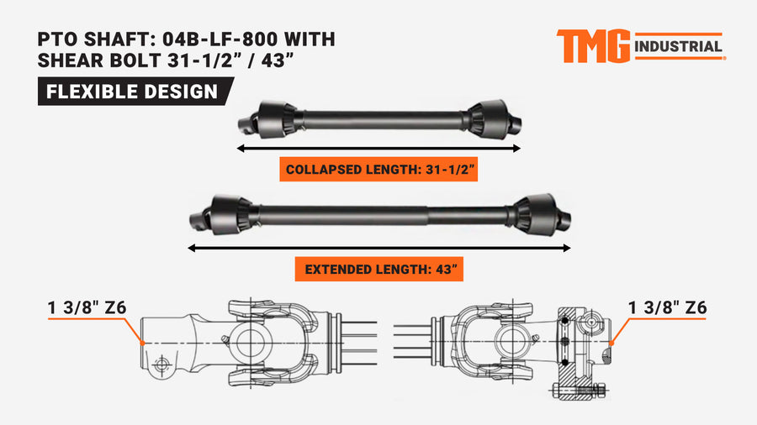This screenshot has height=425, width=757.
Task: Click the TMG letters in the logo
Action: (593, 46)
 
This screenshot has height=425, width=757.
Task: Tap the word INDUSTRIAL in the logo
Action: (678, 47)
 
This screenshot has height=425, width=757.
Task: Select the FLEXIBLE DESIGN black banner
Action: (135, 91)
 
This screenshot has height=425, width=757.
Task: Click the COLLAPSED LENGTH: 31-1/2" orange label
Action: (378, 169)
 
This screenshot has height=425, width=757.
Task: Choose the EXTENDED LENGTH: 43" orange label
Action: (379, 269)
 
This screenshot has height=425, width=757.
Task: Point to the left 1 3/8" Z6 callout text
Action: (87, 307)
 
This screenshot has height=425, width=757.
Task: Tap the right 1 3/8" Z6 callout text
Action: (667, 307)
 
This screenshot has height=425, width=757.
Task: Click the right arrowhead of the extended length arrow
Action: (567, 248)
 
